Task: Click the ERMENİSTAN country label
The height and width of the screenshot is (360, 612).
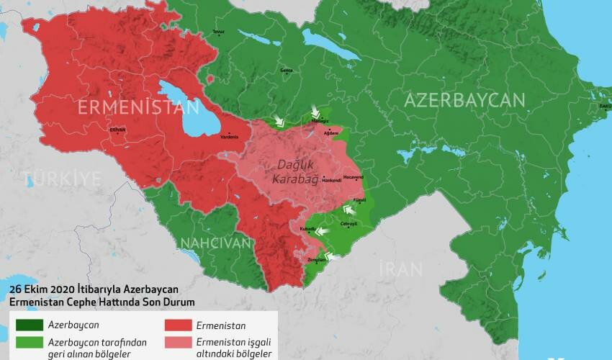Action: pyautogui.click(x=138, y=107)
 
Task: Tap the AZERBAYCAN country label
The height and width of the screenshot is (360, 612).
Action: pyautogui.click(x=464, y=100)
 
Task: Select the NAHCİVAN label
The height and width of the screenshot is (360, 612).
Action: pyautogui.click(x=216, y=243)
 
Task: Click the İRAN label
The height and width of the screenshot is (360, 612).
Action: pyautogui.click(x=401, y=270)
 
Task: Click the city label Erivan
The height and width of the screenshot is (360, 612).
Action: pyautogui.click(x=117, y=130)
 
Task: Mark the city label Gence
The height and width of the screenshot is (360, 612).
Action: pyautogui.click(x=286, y=71)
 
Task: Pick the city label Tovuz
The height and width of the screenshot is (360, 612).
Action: pyautogui.click(x=218, y=32)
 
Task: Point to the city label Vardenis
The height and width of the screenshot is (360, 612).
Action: pyautogui.click(x=229, y=135)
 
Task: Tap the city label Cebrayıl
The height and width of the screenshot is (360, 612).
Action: pyautogui.click(x=358, y=224)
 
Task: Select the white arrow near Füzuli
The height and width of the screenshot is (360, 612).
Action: pyautogui.click(x=349, y=210)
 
